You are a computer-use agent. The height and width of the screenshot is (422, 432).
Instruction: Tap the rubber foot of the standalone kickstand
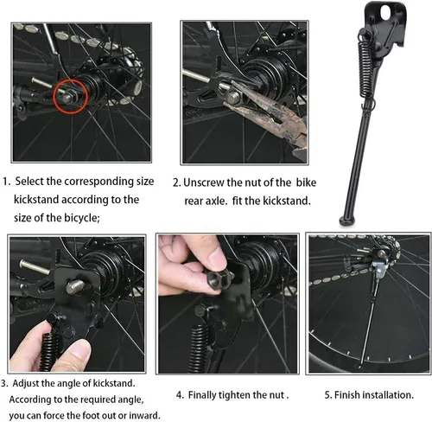(346, 221)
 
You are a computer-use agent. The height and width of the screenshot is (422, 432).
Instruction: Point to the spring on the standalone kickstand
(365, 69)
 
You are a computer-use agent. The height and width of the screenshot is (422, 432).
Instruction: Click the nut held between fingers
(218, 278)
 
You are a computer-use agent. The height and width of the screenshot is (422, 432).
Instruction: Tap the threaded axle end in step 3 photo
(75, 287)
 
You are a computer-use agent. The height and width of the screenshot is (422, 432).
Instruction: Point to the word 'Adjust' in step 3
(25, 384)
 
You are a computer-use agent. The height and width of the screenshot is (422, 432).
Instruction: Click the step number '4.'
(181, 395)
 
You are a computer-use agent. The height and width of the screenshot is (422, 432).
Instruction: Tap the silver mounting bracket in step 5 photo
(379, 267)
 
